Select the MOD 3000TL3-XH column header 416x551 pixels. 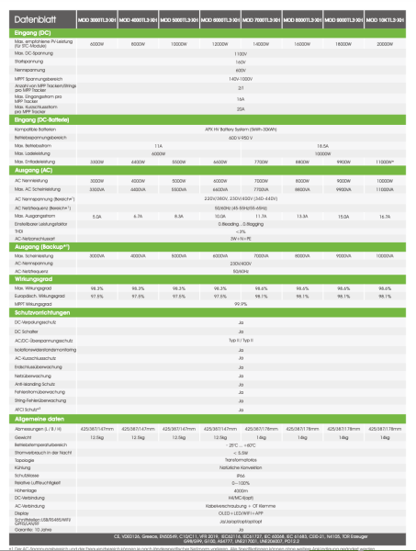coord(97,18)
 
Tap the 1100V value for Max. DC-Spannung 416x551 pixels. coord(240,53)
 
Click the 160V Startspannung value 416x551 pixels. coord(240,62)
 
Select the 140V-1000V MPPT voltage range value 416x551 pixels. coord(240,79)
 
